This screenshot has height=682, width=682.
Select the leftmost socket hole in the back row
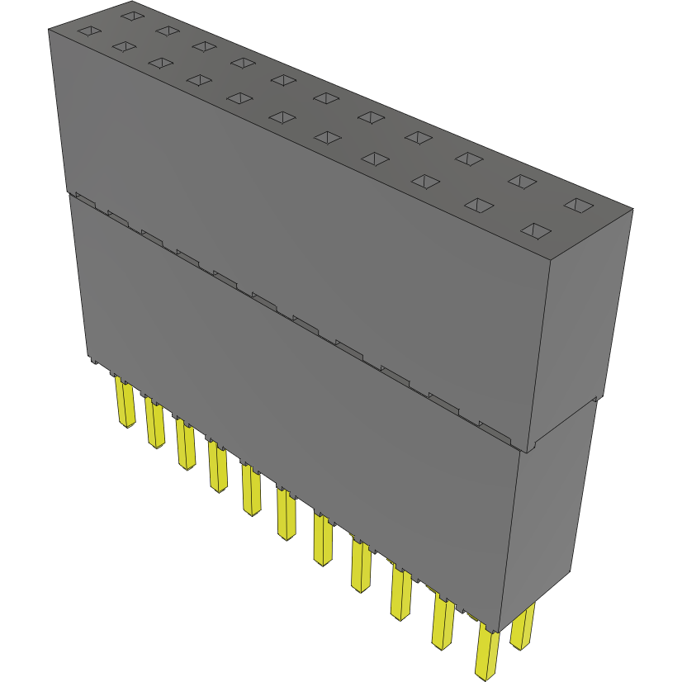click(x=130, y=15)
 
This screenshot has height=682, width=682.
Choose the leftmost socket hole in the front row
click(x=88, y=31)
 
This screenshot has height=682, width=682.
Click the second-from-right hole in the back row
click(x=521, y=181)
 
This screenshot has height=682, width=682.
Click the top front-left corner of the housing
click(x=49, y=29)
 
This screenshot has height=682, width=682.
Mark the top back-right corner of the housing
click(x=633, y=208)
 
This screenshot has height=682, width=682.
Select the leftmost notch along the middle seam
click(x=84, y=201)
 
